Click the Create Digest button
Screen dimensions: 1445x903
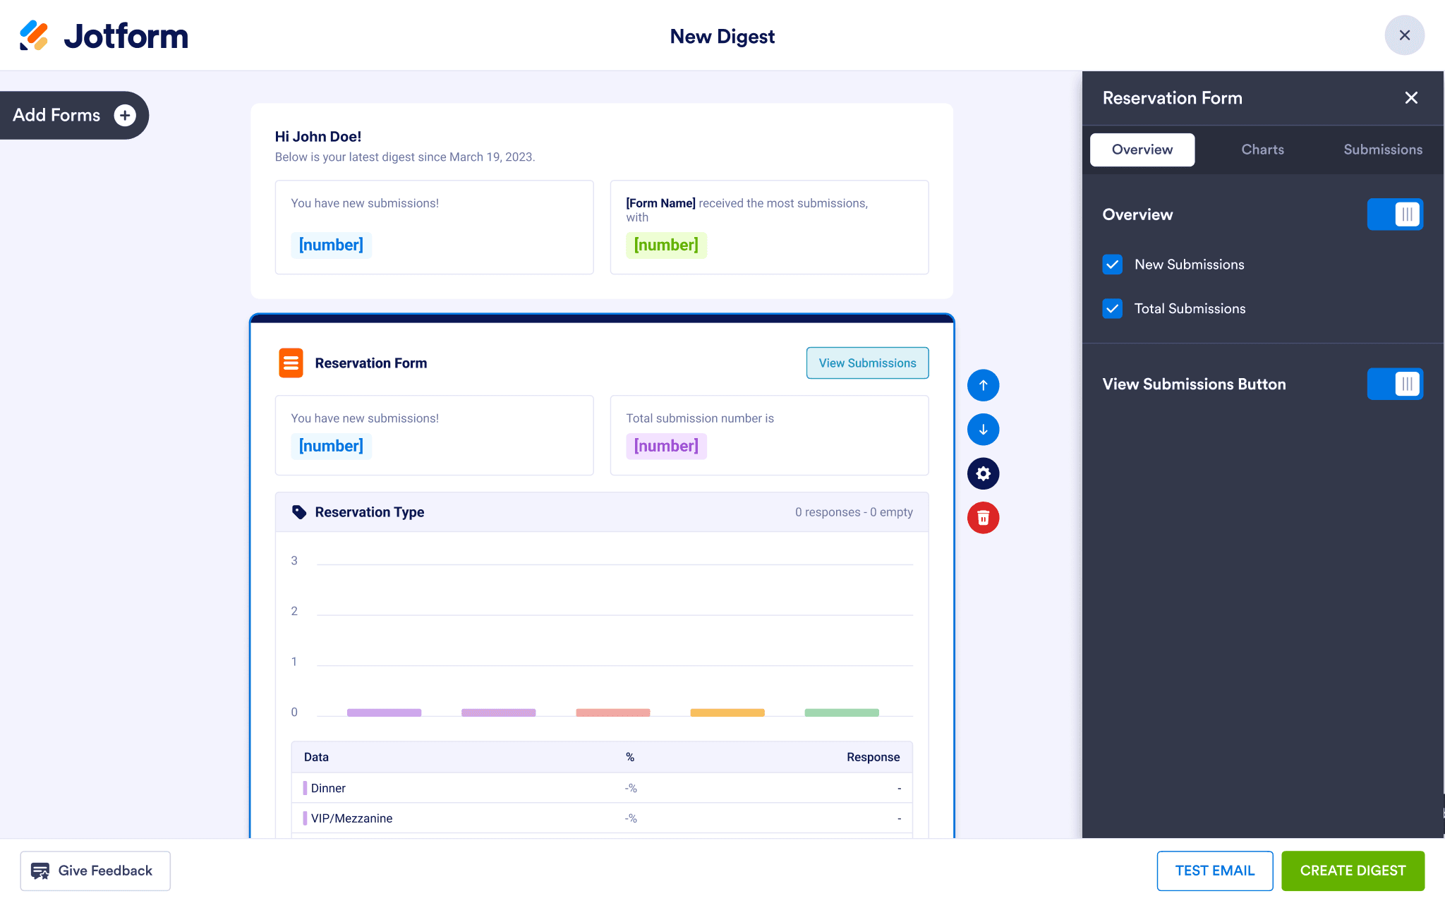pyautogui.click(x=1353, y=871)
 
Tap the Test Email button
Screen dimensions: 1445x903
pyautogui.click(x=1215, y=871)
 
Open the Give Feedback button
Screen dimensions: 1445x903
pyautogui.click(x=95, y=871)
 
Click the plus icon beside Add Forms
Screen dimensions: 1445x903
pyautogui.click(x=125, y=115)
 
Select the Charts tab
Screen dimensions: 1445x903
pyautogui.click(x=1262, y=150)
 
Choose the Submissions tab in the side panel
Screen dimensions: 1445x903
pyautogui.click(x=1383, y=150)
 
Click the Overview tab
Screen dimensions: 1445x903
pyautogui.click(x=1142, y=150)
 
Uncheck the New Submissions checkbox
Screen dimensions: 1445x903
pyautogui.click(x=1113, y=265)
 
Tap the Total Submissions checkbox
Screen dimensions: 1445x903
pyautogui.click(x=1113, y=308)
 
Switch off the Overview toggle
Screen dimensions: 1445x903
pyautogui.click(x=1395, y=214)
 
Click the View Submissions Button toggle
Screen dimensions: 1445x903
pyautogui.click(x=1395, y=384)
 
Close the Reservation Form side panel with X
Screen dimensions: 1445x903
pyautogui.click(x=1411, y=98)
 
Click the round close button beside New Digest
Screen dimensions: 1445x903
pyautogui.click(x=1405, y=35)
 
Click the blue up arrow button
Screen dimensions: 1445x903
pyautogui.click(x=983, y=385)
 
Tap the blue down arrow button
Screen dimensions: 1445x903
pyautogui.click(x=983, y=430)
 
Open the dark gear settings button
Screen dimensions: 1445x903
pyautogui.click(x=983, y=473)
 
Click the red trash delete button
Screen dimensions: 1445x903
pyautogui.click(x=983, y=518)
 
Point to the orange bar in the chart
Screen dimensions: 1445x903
pyautogui.click(x=727, y=713)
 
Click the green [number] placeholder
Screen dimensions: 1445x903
pyautogui.click(x=666, y=246)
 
